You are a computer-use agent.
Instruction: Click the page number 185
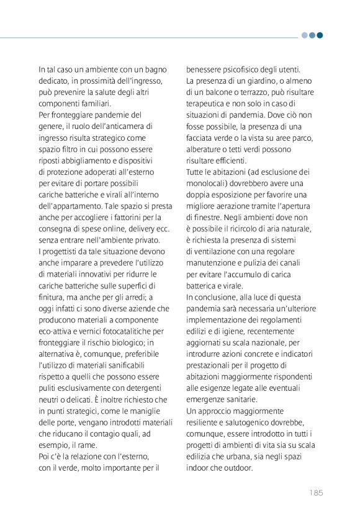[x=315, y=493]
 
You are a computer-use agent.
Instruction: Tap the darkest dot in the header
[x=320, y=35]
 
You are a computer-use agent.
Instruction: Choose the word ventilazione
[x=216, y=251]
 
